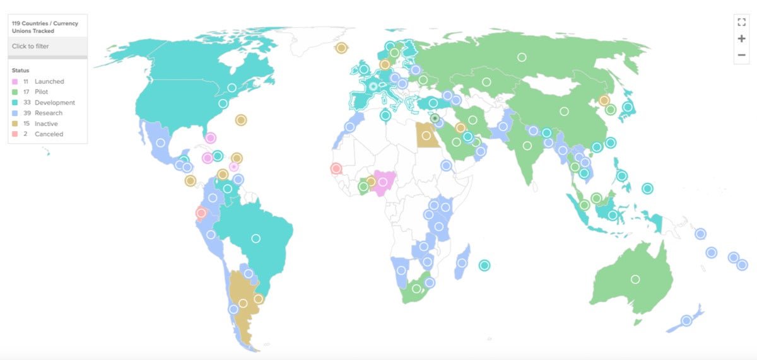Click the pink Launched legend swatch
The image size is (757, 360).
tap(15, 81)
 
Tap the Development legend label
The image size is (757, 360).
tap(55, 103)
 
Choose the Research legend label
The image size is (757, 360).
tap(49, 113)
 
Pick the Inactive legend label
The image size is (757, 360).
tap(46, 124)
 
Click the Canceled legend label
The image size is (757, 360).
tap(49, 134)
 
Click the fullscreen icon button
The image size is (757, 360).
tap(741, 22)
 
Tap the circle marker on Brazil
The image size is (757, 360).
tap(255, 238)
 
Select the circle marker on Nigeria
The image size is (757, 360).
tap(382, 182)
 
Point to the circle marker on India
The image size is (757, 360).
tap(527, 146)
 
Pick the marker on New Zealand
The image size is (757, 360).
tap(686, 320)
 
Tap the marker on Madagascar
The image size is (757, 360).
tap(462, 263)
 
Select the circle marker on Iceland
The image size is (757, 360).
tap(341, 48)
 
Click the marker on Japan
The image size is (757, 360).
tap(628, 107)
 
